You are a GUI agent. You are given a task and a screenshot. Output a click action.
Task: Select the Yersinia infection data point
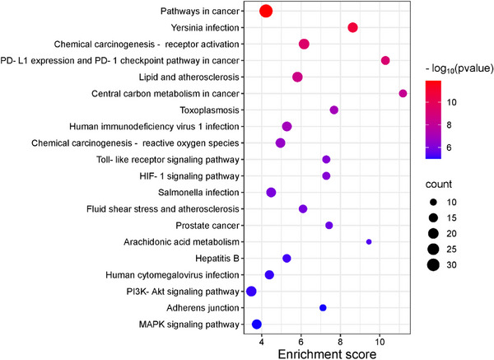point(353,28)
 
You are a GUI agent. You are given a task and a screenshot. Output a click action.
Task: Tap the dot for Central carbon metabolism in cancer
point(403,94)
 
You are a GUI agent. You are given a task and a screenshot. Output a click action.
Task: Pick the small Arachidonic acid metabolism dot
point(369,241)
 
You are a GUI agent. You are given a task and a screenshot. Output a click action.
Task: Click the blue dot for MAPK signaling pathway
point(257,325)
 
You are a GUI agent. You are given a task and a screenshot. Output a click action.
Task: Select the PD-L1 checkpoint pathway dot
point(385,61)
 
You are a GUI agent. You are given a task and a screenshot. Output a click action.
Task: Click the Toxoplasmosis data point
point(334,110)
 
